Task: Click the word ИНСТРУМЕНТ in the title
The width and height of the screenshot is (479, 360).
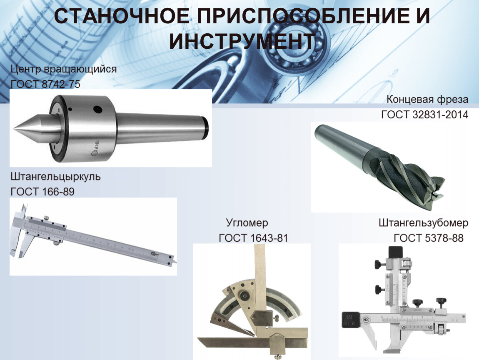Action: point(242,41)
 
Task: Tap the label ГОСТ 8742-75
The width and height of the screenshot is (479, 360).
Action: point(45,84)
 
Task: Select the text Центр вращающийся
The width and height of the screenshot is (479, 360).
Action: point(64,69)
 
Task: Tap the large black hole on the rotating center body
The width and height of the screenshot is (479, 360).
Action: point(97,109)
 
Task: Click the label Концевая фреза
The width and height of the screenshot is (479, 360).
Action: point(427,100)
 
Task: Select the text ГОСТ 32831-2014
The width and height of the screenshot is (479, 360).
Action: point(424,115)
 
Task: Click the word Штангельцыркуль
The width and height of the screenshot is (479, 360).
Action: point(55,177)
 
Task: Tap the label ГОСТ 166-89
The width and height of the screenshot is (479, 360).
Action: point(42,192)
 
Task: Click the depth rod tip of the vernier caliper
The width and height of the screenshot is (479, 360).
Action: point(175,262)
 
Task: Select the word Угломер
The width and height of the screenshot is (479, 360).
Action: point(247,223)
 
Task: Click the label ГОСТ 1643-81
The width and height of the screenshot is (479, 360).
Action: point(254,238)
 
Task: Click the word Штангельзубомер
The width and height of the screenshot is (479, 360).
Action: point(424,223)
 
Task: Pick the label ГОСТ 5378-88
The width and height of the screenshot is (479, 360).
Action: point(429,238)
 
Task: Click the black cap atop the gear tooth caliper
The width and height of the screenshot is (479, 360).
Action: point(396,252)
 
